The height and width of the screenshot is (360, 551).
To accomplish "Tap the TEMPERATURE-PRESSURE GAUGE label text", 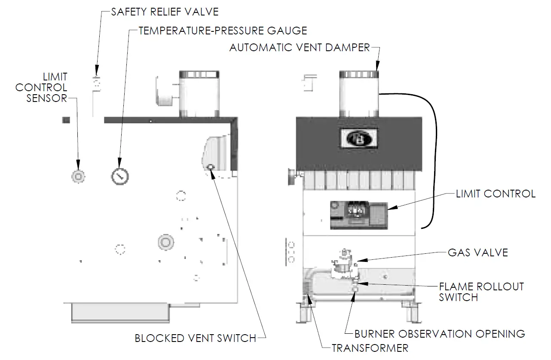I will (x=223, y=31).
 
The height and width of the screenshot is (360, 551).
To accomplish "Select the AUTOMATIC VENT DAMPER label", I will (x=300, y=47).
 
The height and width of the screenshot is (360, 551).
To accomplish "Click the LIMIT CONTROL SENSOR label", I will (x=42, y=87).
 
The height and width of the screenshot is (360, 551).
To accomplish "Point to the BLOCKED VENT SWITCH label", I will (x=196, y=338).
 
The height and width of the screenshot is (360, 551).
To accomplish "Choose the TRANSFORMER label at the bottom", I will (x=370, y=348).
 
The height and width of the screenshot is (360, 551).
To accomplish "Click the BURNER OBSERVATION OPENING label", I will (x=439, y=334).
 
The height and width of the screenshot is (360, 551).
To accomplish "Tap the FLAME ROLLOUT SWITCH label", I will (x=481, y=292).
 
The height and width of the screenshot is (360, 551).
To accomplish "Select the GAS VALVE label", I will (x=478, y=252).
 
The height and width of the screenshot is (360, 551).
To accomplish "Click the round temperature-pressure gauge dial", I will (x=120, y=176).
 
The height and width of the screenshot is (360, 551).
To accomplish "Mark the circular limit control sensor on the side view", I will (x=78, y=176).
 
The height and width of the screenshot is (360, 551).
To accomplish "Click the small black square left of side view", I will (x=66, y=120).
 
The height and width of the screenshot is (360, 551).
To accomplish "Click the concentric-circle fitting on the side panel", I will (x=165, y=242).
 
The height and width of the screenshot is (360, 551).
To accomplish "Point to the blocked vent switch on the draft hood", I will (x=211, y=167).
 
